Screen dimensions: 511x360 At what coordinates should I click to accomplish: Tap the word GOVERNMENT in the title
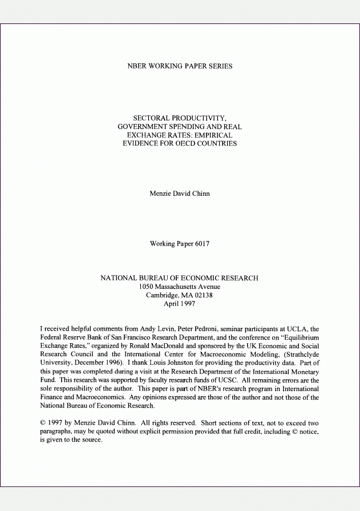[143, 127]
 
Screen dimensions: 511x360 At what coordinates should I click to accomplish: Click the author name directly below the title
[180, 194]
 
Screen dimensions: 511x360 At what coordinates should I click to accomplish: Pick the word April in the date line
[172, 304]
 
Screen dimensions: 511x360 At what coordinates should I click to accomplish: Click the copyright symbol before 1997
[43, 423]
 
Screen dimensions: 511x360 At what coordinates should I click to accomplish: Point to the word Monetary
[305, 372]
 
